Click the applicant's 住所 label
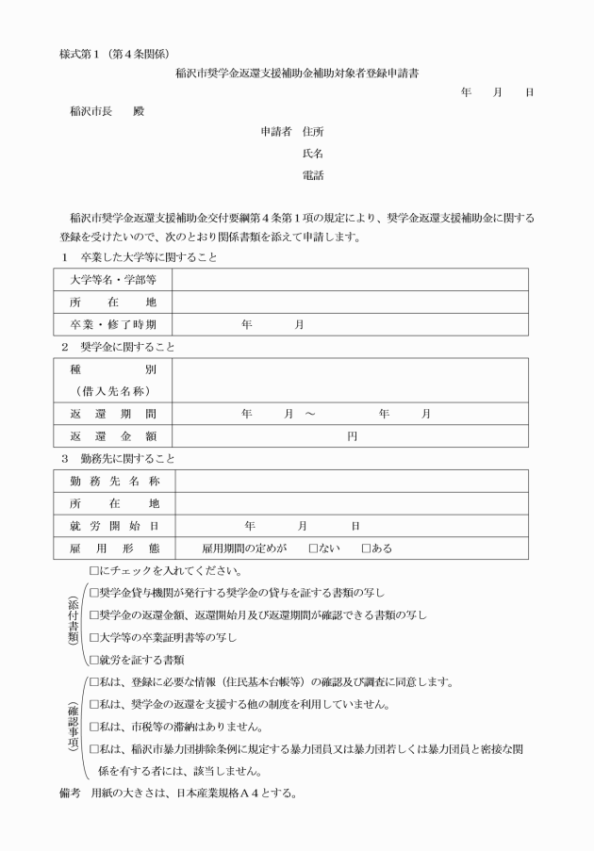(x=312, y=132)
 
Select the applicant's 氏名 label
(x=312, y=153)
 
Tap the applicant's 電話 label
(x=312, y=174)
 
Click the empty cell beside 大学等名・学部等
(x=349, y=279)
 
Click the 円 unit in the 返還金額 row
(x=351, y=436)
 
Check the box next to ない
(x=313, y=548)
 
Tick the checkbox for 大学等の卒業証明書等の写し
(x=93, y=637)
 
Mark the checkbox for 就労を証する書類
(x=93, y=660)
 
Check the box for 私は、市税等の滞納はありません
(x=93, y=727)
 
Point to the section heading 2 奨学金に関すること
(x=117, y=347)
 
